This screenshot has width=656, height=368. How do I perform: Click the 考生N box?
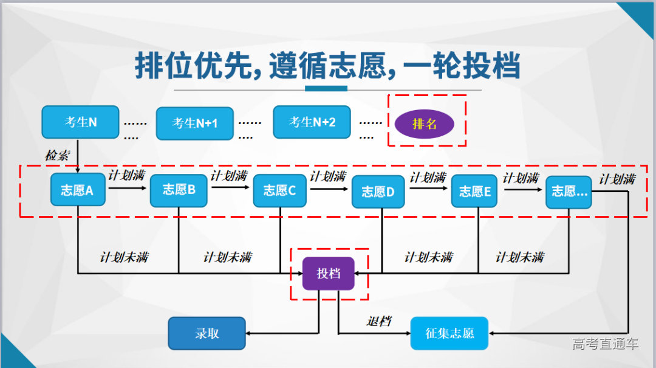tap(80, 122)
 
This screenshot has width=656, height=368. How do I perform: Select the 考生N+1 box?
tap(194, 123)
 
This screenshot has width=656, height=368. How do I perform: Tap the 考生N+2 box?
tap(312, 122)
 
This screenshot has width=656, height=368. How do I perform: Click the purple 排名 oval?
tap(425, 124)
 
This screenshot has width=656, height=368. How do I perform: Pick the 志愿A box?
tap(77, 190)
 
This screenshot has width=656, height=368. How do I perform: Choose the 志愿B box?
tap(179, 190)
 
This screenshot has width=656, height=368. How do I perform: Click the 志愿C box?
tap(279, 190)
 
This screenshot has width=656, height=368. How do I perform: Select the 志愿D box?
tap(378, 192)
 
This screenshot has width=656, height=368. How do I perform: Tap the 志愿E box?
tap(475, 192)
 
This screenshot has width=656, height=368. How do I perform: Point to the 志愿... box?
tap(569, 192)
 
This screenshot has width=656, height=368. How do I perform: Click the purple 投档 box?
tap(329, 274)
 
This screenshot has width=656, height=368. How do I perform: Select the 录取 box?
tap(207, 333)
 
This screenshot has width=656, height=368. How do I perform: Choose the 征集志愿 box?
tap(449, 333)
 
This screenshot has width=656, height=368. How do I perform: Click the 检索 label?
tap(58, 155)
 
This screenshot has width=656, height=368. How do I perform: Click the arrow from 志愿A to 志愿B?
tap(127, 189)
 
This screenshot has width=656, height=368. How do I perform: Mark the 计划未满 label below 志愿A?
tap(124, 257)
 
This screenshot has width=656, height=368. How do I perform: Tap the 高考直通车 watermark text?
tap(605, 344)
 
